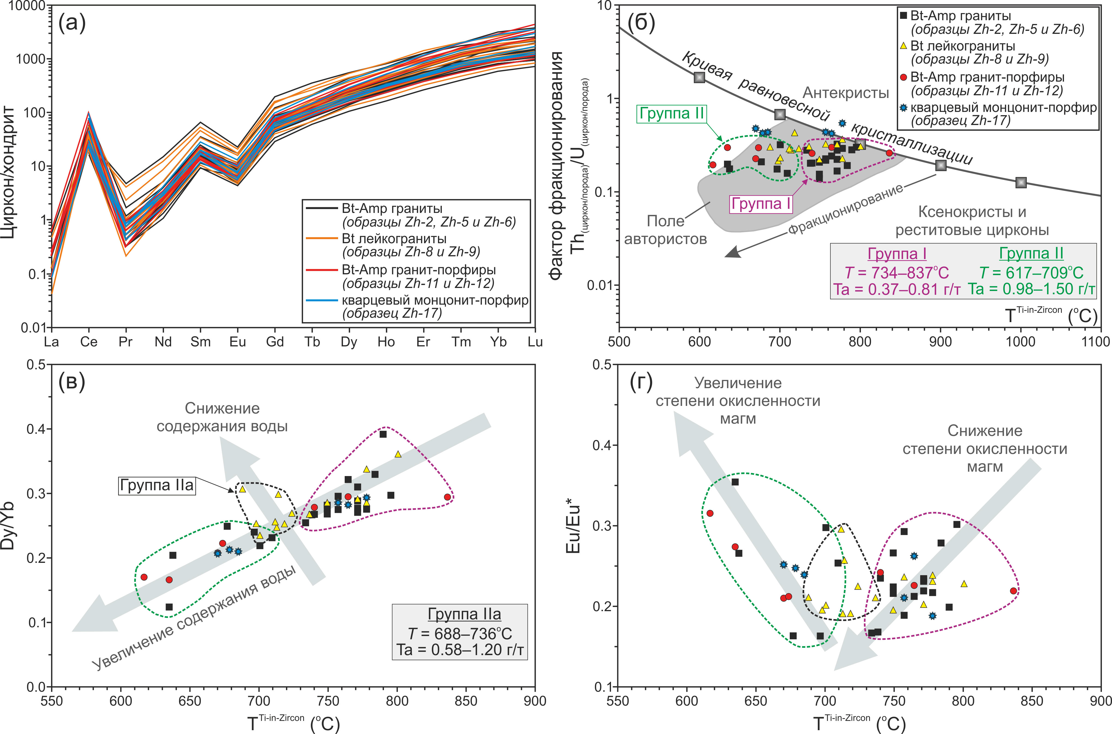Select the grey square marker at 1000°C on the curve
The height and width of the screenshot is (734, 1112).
click(1021, 183)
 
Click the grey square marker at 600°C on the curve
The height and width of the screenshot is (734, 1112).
click(699, 78)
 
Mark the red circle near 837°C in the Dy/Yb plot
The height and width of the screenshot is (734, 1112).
click(448, 497)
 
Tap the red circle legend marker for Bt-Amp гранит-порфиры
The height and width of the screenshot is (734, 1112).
click(904, 77)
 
